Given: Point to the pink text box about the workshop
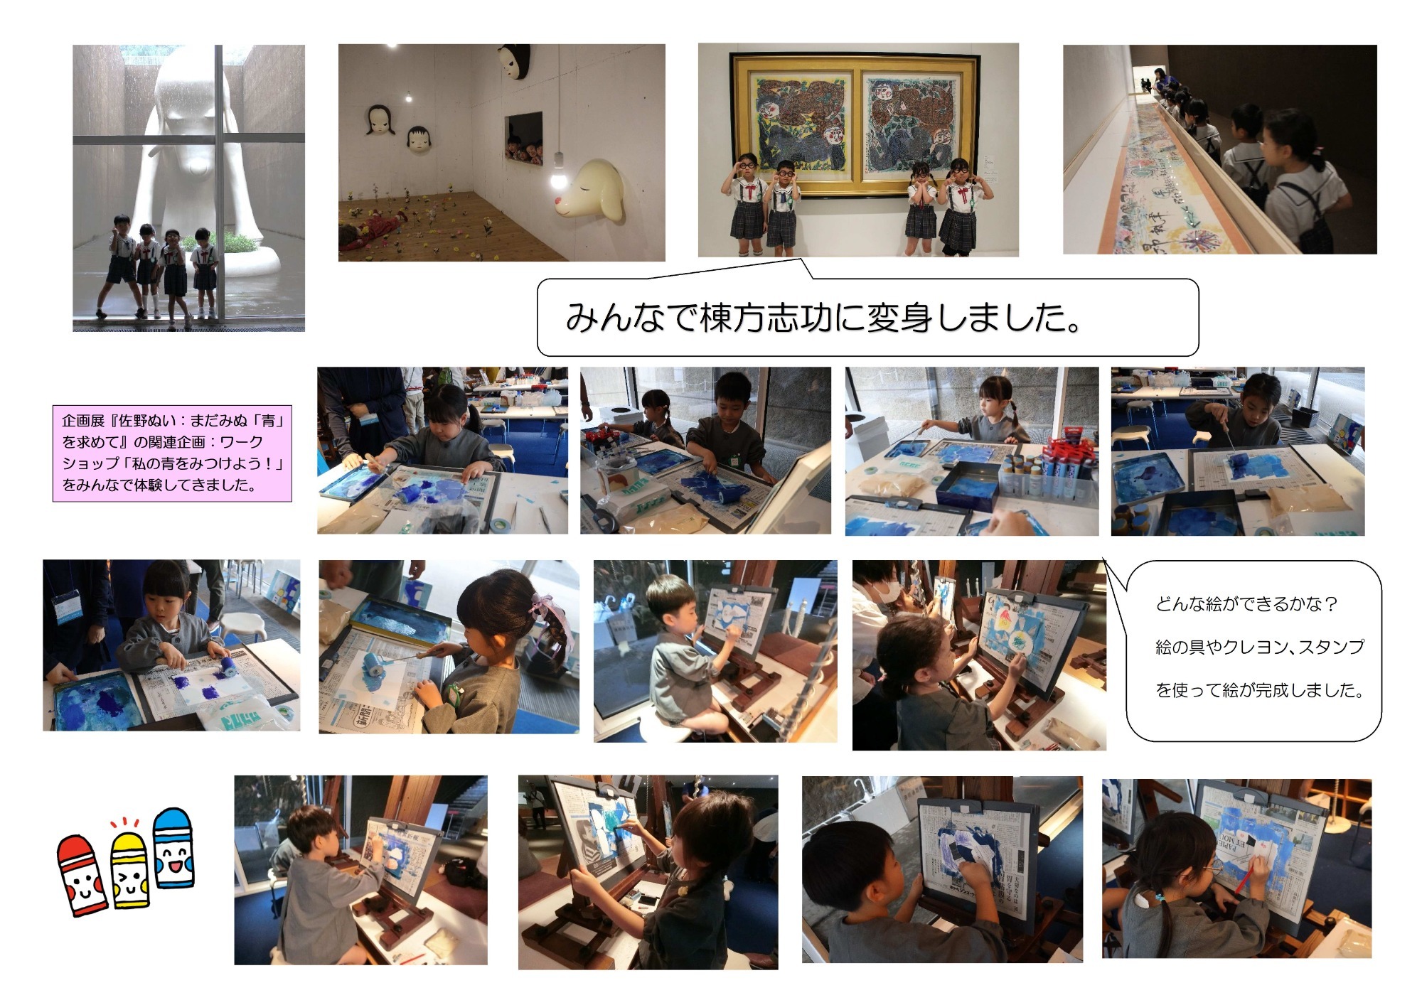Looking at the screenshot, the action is click(x=172, y=453).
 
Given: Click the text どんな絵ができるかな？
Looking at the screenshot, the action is click(x=1247, y=604).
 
